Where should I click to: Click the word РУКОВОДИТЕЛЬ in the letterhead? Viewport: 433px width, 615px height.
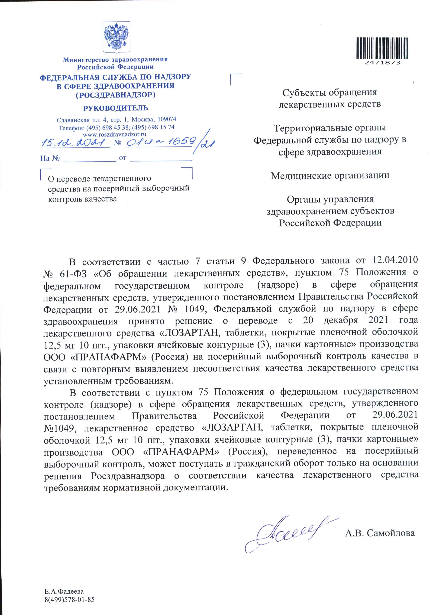coord(115,108)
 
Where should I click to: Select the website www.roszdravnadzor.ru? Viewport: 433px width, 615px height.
coord(114,134)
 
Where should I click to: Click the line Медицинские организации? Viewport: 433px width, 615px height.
coord(330,176)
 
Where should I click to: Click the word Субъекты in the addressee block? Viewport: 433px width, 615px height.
coord(304,93)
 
